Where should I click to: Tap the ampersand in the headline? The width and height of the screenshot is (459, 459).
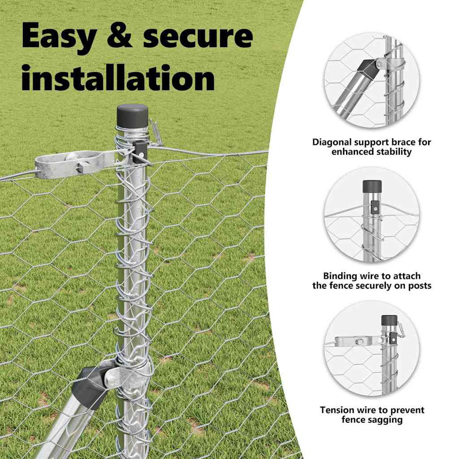[119, 35]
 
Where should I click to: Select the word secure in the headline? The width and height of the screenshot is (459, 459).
[198, 36]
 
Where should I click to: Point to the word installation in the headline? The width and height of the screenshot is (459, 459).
[118, 77]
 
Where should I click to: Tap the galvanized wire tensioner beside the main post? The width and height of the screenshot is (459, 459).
[75, 164]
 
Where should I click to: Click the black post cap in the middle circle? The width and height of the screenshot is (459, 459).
[372, 186]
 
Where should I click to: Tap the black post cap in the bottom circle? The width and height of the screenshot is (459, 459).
[390, 321]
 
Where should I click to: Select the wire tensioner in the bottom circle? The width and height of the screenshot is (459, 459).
[357, 341]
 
